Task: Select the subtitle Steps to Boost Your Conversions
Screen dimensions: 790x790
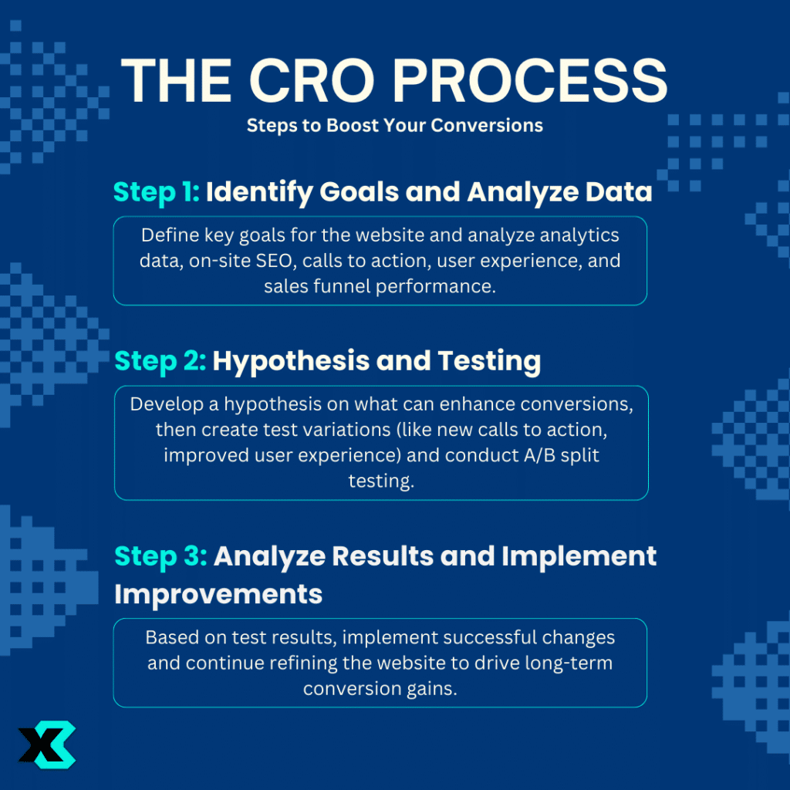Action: tap(395, 125)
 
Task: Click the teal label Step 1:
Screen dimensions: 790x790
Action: tap(157, 192)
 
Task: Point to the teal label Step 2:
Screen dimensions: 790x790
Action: tap(160, 361)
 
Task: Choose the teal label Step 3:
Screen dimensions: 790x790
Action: tap(160, 556)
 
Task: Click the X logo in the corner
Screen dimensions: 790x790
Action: tap(47, 744)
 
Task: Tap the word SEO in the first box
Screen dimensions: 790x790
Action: tap(272, 261)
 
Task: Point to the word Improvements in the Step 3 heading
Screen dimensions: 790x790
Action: tap(218, 593)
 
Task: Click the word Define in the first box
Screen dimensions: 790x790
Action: tap(167, 235)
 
